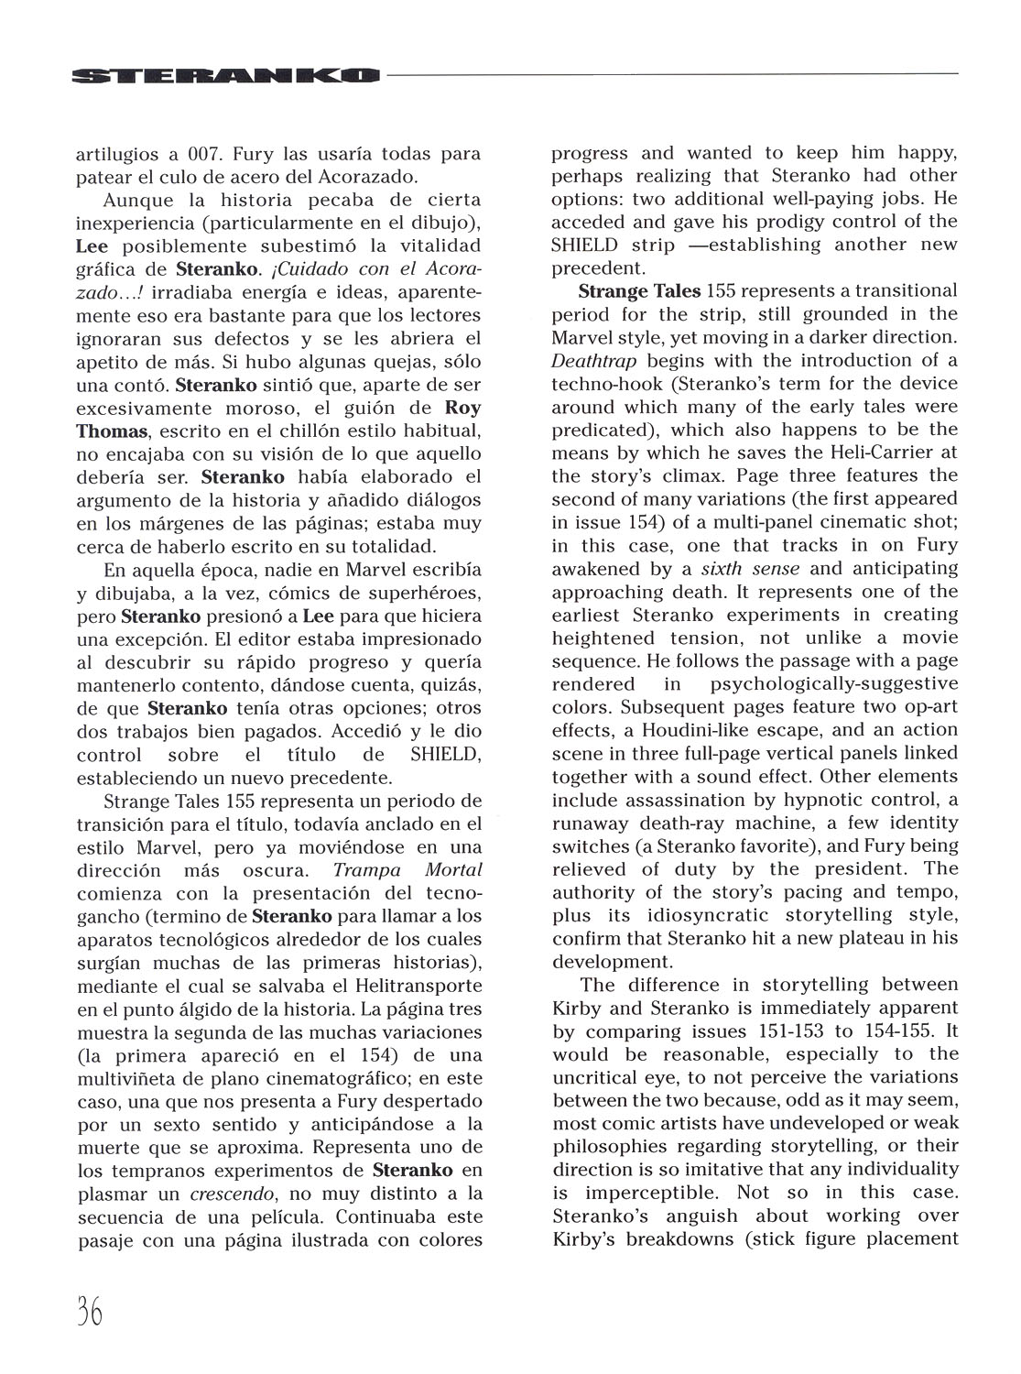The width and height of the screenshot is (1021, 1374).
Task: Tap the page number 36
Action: (89, 1313)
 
